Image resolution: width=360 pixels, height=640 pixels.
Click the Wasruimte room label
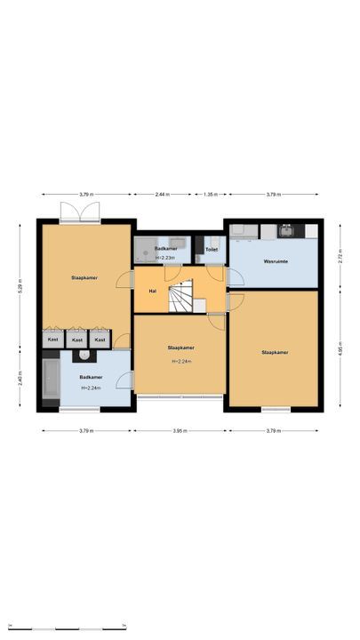tap(275, 262)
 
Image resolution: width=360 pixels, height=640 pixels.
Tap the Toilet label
tap(212, 250)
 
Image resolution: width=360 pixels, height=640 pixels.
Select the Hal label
tap(153, 291)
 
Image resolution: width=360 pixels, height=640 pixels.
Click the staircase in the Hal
tap(183, 297)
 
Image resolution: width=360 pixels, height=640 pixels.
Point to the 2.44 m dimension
tap(163, 194)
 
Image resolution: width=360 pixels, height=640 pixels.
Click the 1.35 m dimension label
tap(211, 194)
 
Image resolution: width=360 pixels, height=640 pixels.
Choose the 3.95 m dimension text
tap(181, 430)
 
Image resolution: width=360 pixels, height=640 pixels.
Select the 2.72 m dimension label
tap(340, 254)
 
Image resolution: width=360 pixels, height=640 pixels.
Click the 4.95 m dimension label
tap(340, 348)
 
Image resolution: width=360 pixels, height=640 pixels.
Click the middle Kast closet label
tap(77, 340)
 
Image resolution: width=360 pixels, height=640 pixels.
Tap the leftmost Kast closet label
tap(53, 340)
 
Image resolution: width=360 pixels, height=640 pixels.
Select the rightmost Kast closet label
tap(100, 340)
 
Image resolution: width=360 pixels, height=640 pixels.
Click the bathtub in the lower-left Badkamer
tap(52, 380)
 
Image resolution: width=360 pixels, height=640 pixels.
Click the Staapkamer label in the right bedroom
tap(275, 353)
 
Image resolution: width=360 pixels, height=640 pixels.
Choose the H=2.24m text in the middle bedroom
tap(182, 362)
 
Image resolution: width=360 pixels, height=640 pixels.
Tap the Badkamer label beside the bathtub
tap(90, 378)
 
